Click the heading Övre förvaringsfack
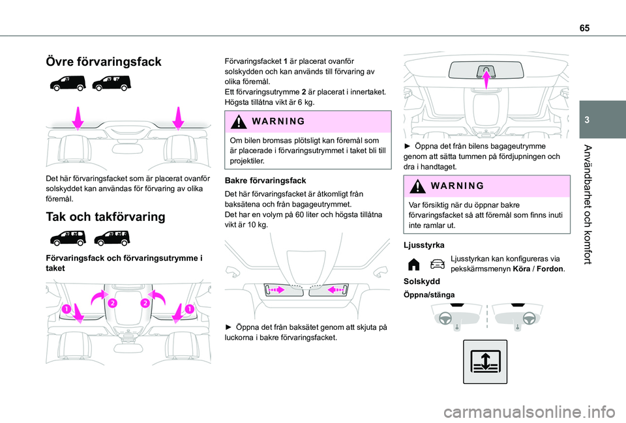pyautogui.click(x=103, y=62)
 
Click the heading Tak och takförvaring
pyautogui.click(x=104, y=218)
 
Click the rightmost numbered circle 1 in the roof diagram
pyautogui.click(x=190, y=308)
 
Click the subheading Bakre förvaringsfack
pyautogui.click(x=263, y=179)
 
